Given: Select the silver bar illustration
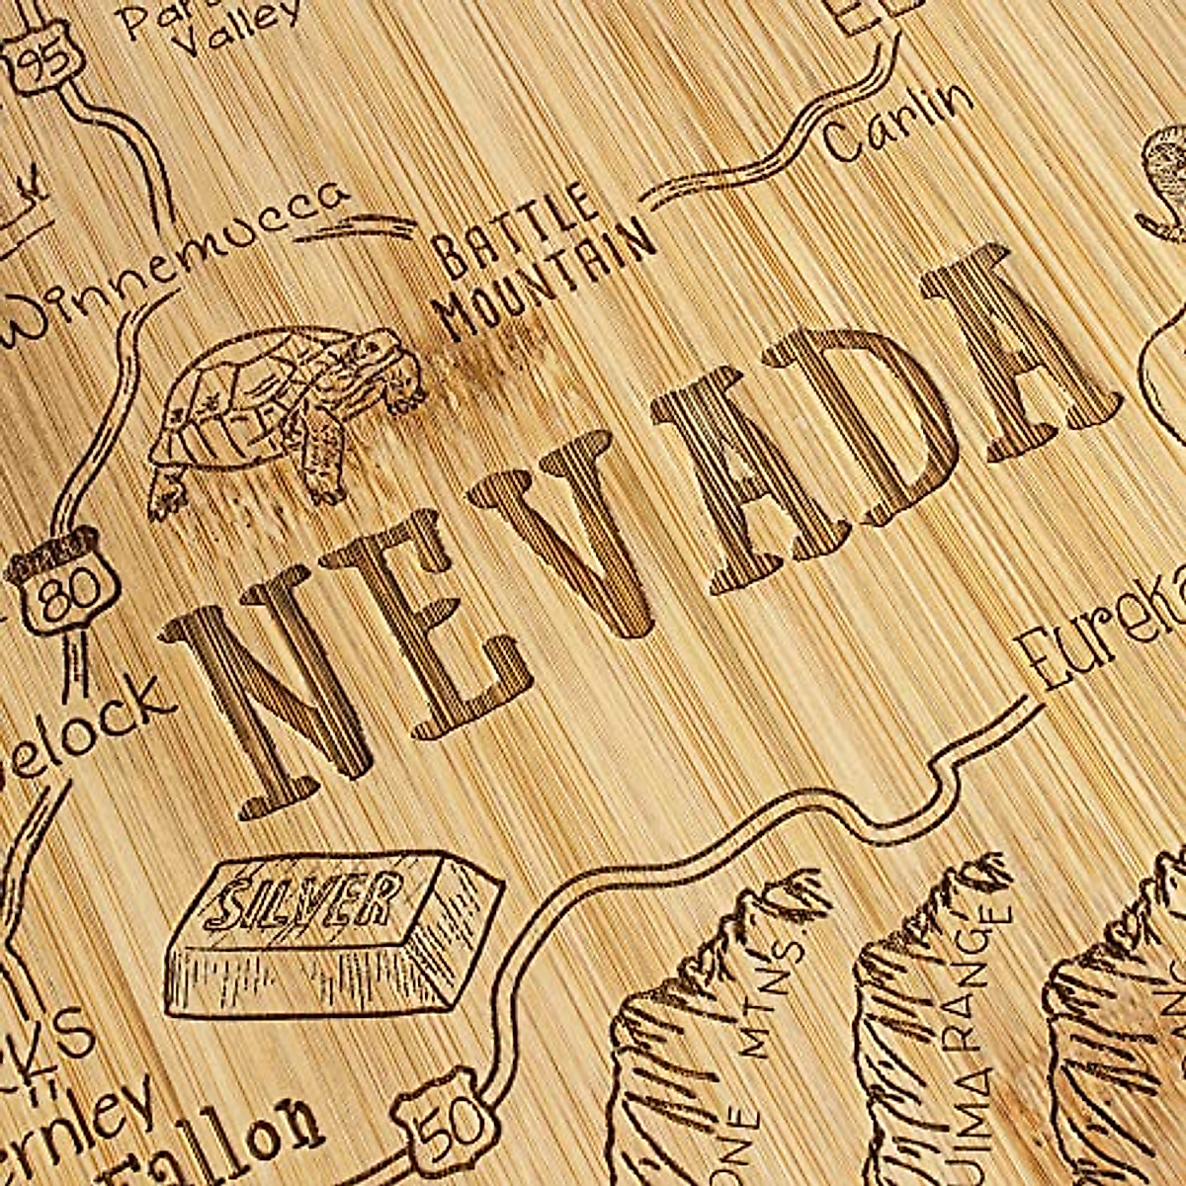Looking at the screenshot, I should (321, 934).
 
